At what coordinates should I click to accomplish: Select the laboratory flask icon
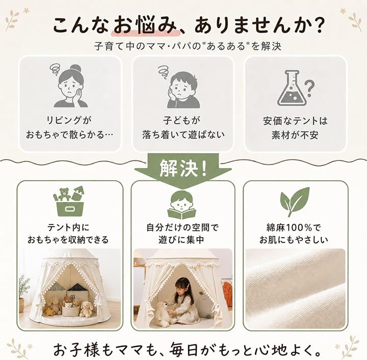292,88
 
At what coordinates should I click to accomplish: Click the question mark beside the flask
309,89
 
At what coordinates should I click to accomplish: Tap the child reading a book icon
181,205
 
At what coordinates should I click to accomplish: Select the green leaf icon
295,202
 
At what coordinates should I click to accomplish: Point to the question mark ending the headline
317,25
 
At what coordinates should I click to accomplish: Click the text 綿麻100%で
294,228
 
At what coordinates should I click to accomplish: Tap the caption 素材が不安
295,135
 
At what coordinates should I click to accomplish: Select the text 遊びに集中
181,240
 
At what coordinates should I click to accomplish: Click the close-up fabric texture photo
295,288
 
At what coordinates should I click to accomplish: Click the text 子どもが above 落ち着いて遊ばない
181,121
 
